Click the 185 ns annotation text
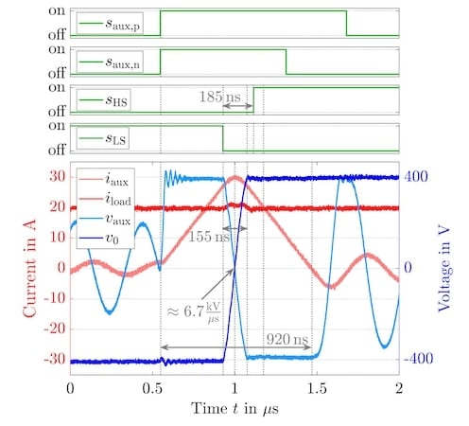tap(217, 97)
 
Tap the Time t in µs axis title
tap(234, 409)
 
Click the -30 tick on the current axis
tap(51, 360)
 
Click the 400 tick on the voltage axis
tap(416, 176)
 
